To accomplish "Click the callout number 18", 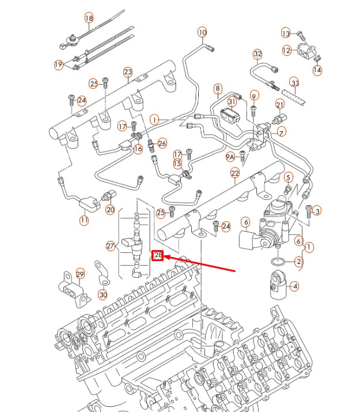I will pos(89,18).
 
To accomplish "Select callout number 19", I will pos(58,65).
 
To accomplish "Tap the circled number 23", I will pos(128,72).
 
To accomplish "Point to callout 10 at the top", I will pos(202,32).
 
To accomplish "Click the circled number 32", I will pos(257,54).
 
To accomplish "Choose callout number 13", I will pos(286,33).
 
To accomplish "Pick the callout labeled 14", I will pos(317,70).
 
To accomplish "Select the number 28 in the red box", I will pos(158,255).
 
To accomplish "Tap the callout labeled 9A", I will pos(230,156).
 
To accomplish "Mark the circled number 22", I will pos(235,173).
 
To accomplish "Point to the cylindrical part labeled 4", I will pos(277,285).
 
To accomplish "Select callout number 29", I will pos(80,274).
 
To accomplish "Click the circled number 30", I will pos(103,294).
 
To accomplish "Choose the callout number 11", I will pos(85,220).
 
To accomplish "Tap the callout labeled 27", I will pos(110,246).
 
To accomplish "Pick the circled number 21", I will pos(280,104).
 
